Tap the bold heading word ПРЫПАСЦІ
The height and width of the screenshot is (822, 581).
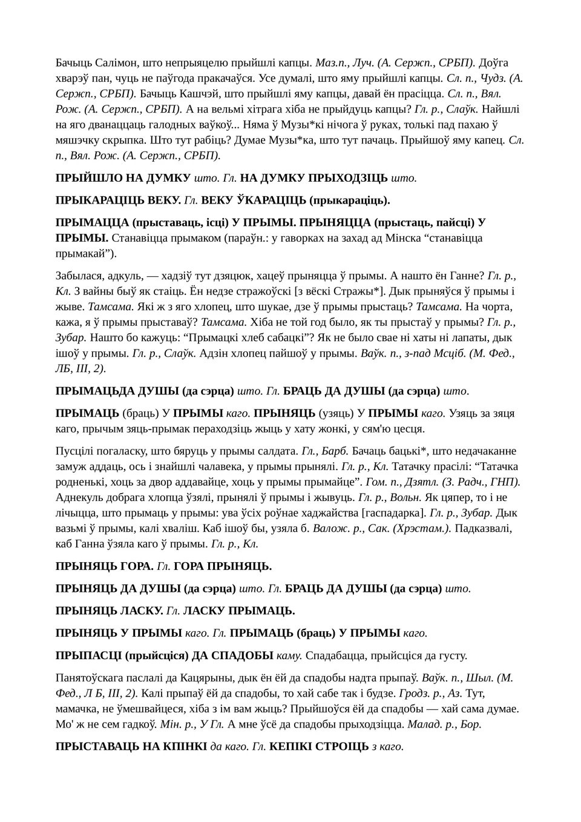88,655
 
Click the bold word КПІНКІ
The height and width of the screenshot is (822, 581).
184,746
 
